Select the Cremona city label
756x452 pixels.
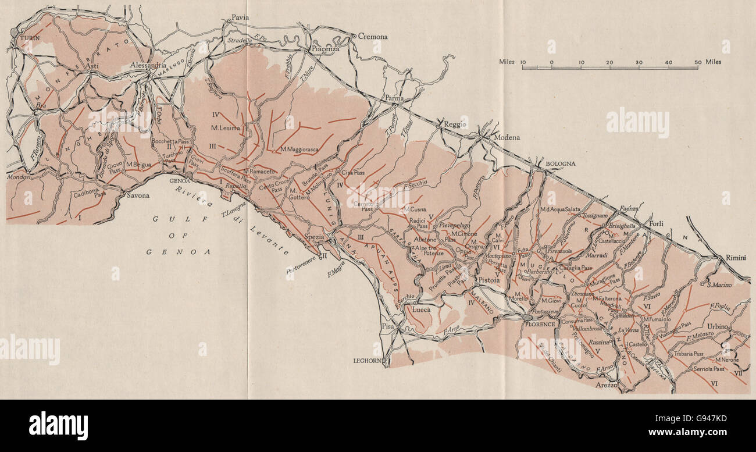tap(372, 37)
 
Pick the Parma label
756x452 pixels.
tap(393, 98)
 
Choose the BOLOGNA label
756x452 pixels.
tap(560, 163)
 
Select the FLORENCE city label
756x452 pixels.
tap(541, 324)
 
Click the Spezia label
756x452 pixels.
tap(315, 237)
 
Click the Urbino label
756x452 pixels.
tap(717, 326)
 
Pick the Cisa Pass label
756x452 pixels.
tap(355, 173)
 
